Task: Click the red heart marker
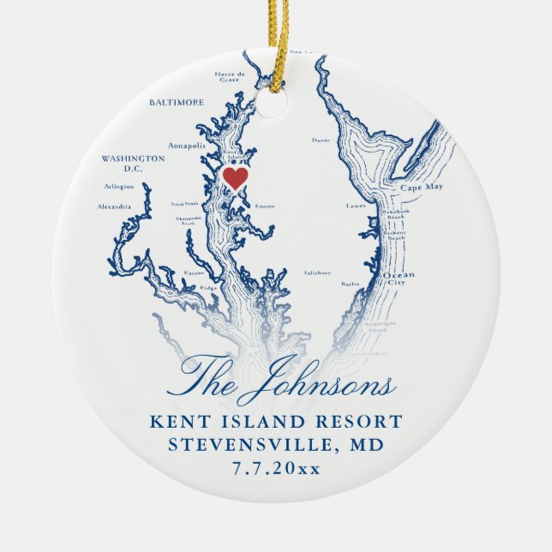tap(235, 177)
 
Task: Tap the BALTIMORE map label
tap(177, 102)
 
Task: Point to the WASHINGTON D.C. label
tap(133, 163)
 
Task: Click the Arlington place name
tap(118, 186)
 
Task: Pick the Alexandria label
tap(115, 207)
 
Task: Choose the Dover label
tap(321, 139)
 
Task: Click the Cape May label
tap(419, 186)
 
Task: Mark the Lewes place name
tap(355, 207)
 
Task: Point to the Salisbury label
tap(317, 272)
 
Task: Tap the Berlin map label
tap(349, 283)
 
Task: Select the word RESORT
tap(360, 422)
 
